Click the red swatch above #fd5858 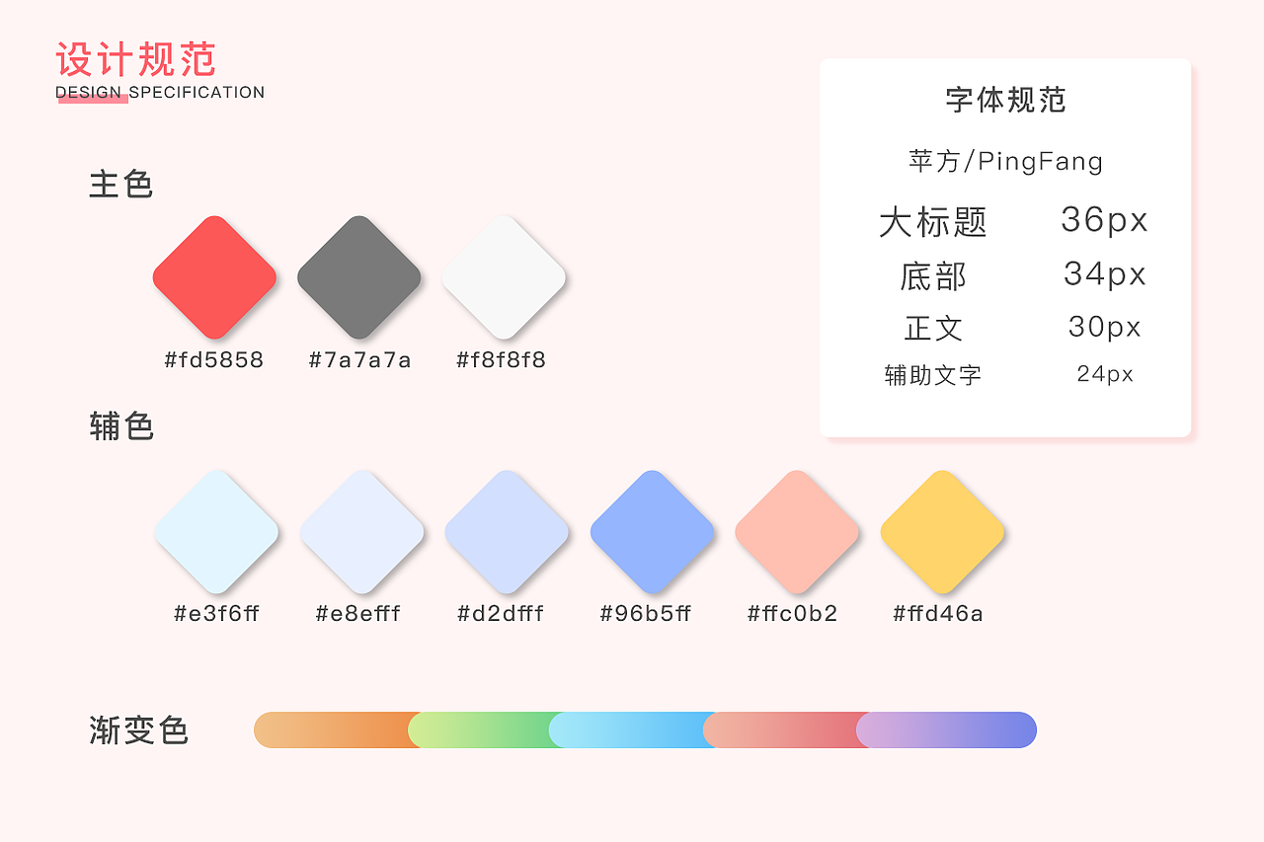point(214,277)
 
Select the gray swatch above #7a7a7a point(359,277)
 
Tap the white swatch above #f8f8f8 point(504,277)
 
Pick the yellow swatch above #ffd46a point(942,532)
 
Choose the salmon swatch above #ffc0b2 point(797,532)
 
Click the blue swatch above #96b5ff point(652,532)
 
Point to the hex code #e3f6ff point(216,614)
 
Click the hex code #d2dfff point(501,614)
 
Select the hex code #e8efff point(357,614)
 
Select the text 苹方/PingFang point(1005,161)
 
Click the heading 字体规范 point(1005,101)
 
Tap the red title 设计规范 point(135,60)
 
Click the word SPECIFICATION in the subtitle point(197,93)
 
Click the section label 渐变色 point(138,731)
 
